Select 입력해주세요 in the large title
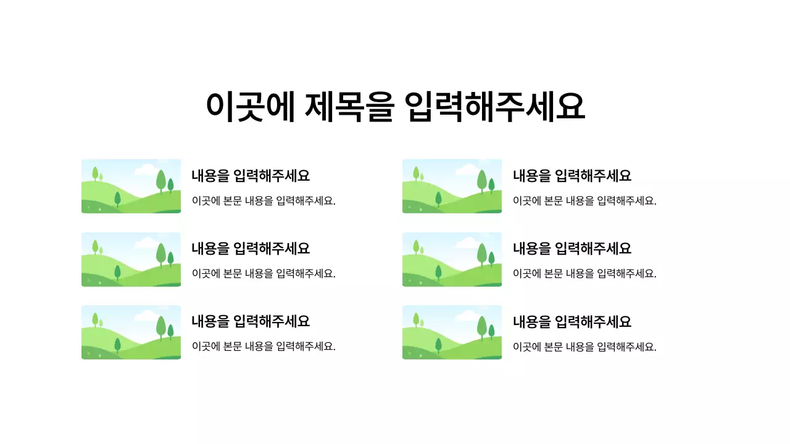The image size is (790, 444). [x=494, y=107]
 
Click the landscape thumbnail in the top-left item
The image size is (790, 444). [x=131, y=186]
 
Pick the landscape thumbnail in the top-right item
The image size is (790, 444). [x=452, y=186]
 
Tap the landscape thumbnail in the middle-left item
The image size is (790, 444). [x=131, y=260]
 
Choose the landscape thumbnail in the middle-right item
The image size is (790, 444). [x=452, y=260]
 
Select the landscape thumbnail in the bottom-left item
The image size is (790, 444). [x=131, y=332]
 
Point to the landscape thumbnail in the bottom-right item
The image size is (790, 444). [x=452, y=332]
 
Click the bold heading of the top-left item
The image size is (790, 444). [x=251, y=176]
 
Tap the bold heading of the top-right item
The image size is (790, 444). [x=572, y=176]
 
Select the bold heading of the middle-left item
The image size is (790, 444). [x=251, y=249]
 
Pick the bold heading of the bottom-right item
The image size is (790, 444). [x=572, y=321]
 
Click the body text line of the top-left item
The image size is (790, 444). [x=264, y=200]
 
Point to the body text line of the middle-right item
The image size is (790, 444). [x=584, y=274]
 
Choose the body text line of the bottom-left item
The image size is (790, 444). [x=264, y=347]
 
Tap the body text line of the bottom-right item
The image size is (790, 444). [x=584, y=347]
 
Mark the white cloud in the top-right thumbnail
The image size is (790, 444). [x=467, y=169]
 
